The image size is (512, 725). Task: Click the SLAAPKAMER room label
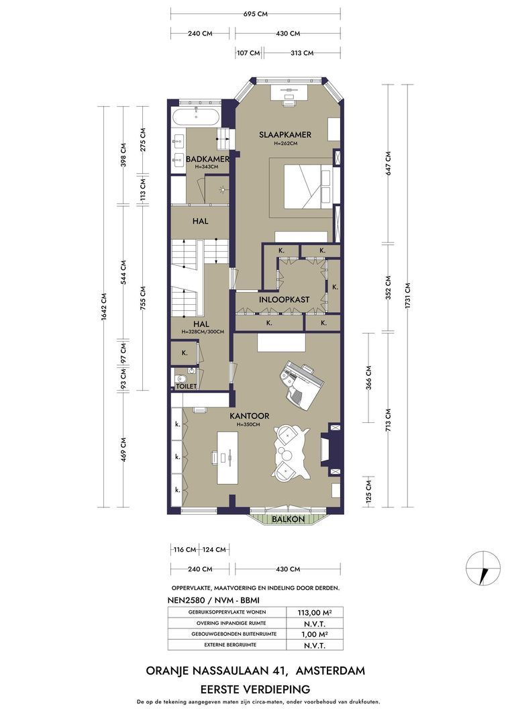285,134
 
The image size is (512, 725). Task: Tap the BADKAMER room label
207,159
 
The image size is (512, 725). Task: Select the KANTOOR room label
250,416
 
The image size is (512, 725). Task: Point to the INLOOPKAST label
285,299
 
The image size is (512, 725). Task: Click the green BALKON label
289,519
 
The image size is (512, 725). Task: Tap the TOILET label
187,386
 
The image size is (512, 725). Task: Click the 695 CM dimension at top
256,14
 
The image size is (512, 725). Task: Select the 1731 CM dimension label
407,295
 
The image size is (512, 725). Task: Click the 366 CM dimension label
369,378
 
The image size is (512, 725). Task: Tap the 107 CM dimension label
248,53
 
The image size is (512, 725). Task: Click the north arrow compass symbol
483,568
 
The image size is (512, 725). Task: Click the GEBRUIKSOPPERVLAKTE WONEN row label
227,612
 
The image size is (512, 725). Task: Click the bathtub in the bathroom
196,117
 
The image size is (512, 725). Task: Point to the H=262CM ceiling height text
285,144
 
